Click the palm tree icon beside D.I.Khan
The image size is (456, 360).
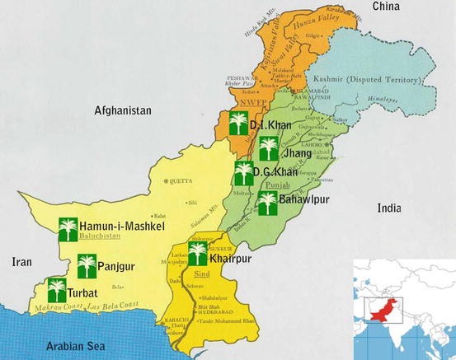tap(237, 124)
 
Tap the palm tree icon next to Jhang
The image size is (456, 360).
tap(267, 149)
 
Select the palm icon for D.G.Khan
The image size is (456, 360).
tap(243, 173)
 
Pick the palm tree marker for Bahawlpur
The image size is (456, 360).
tap(267, 203)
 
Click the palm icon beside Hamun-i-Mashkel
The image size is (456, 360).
tap(68, 227)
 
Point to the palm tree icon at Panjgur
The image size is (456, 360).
tap(87, 266)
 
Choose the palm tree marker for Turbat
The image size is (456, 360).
tap(56, 290)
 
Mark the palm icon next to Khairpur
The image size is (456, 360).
tap(198, 253)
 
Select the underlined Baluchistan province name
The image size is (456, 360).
tap(99, 236)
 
